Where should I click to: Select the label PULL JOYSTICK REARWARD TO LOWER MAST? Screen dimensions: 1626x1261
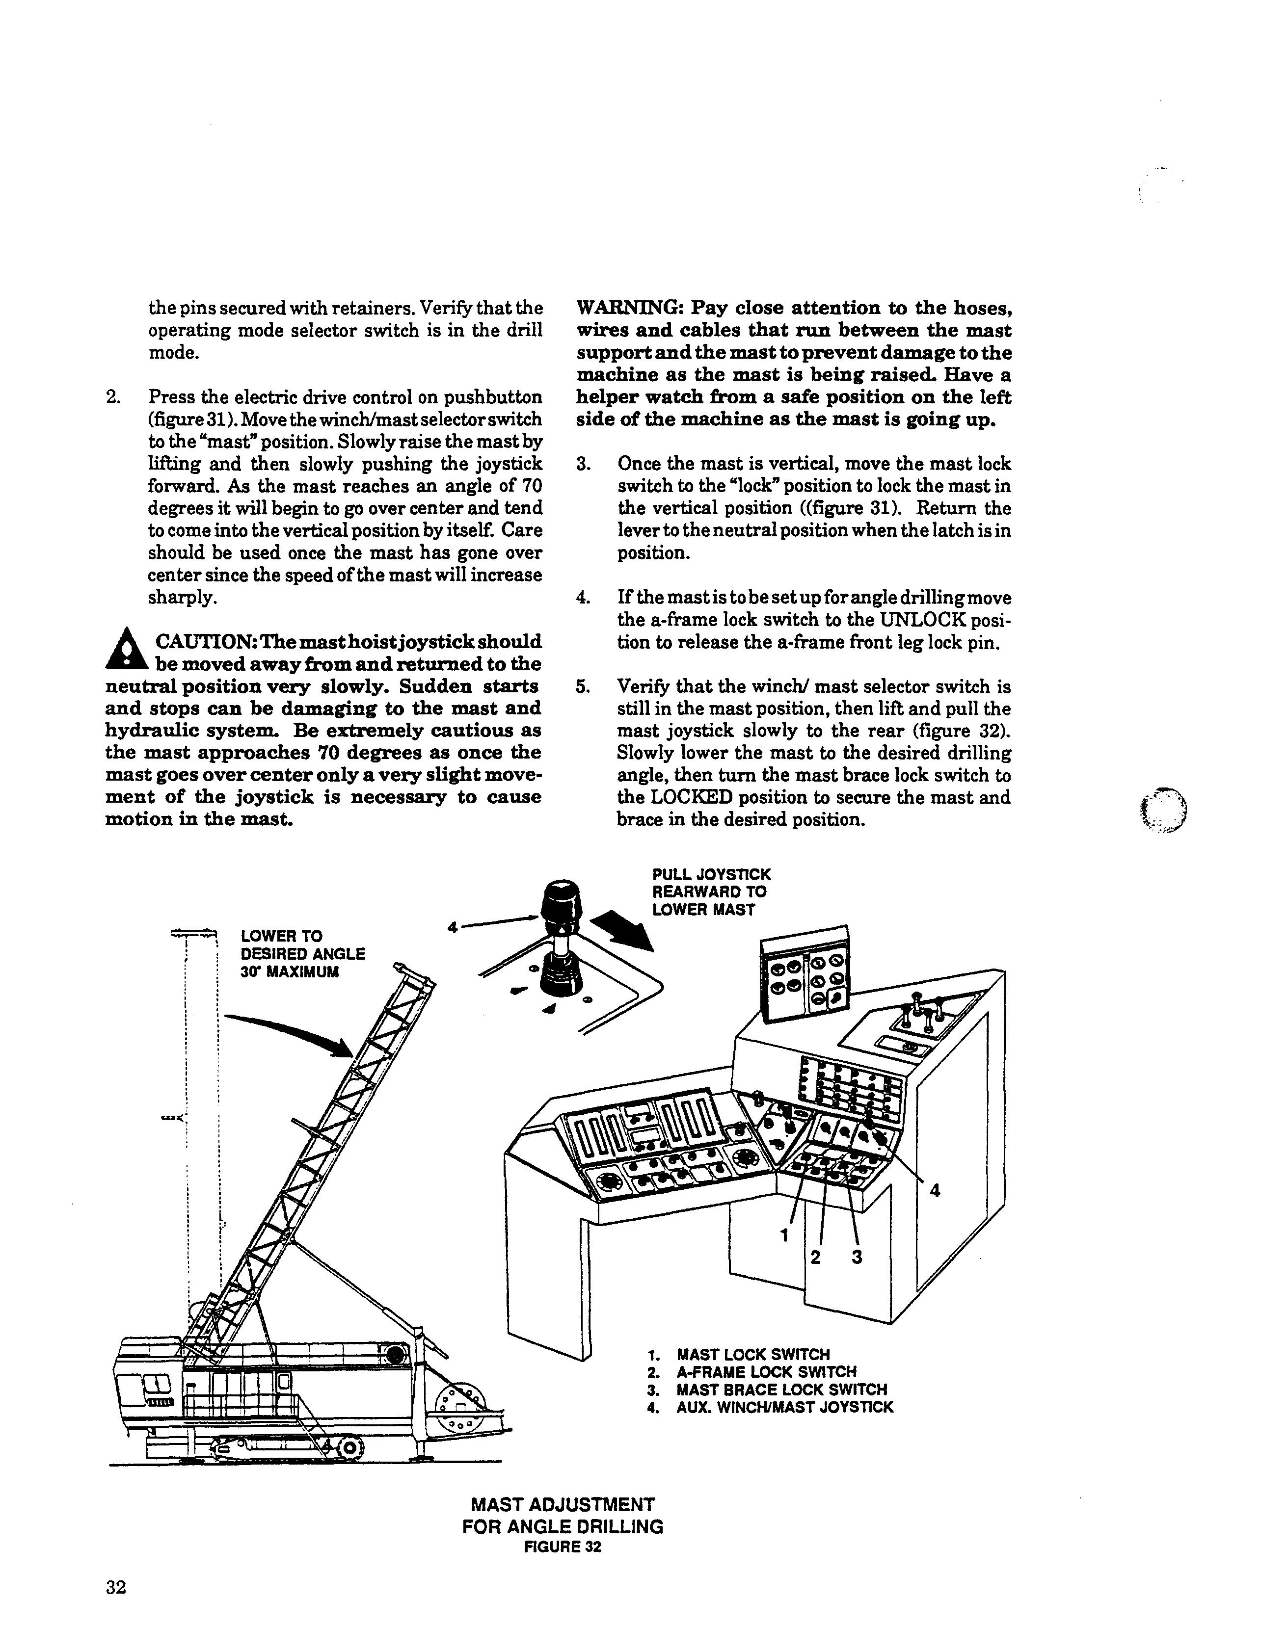click(711, 892)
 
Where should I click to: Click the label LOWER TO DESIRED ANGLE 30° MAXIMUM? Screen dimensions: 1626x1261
click(302, 954)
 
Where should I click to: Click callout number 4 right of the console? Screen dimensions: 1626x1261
click(935, 1192)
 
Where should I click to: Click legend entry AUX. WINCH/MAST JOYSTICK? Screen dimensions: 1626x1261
click(784, 1408)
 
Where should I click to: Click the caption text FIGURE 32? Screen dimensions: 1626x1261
click(563, 1547)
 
